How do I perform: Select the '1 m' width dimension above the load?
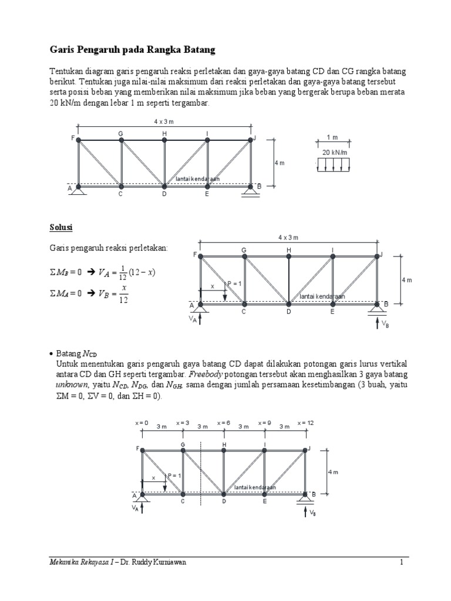[x=332, y=137]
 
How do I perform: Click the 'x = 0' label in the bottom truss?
[x=142, y=423]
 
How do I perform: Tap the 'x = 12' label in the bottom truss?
[x=306, y=423]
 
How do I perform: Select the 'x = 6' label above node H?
[x=224, y=423]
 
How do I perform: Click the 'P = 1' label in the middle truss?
[x=234, y=284]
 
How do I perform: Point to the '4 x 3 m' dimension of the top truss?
[x=165, y=121]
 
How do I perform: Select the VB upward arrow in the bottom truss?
[x=305, y=513]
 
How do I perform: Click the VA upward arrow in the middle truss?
[x=201, y=319]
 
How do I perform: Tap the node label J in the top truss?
[x=255, y=139]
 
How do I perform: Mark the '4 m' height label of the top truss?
[x=279, y=163]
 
